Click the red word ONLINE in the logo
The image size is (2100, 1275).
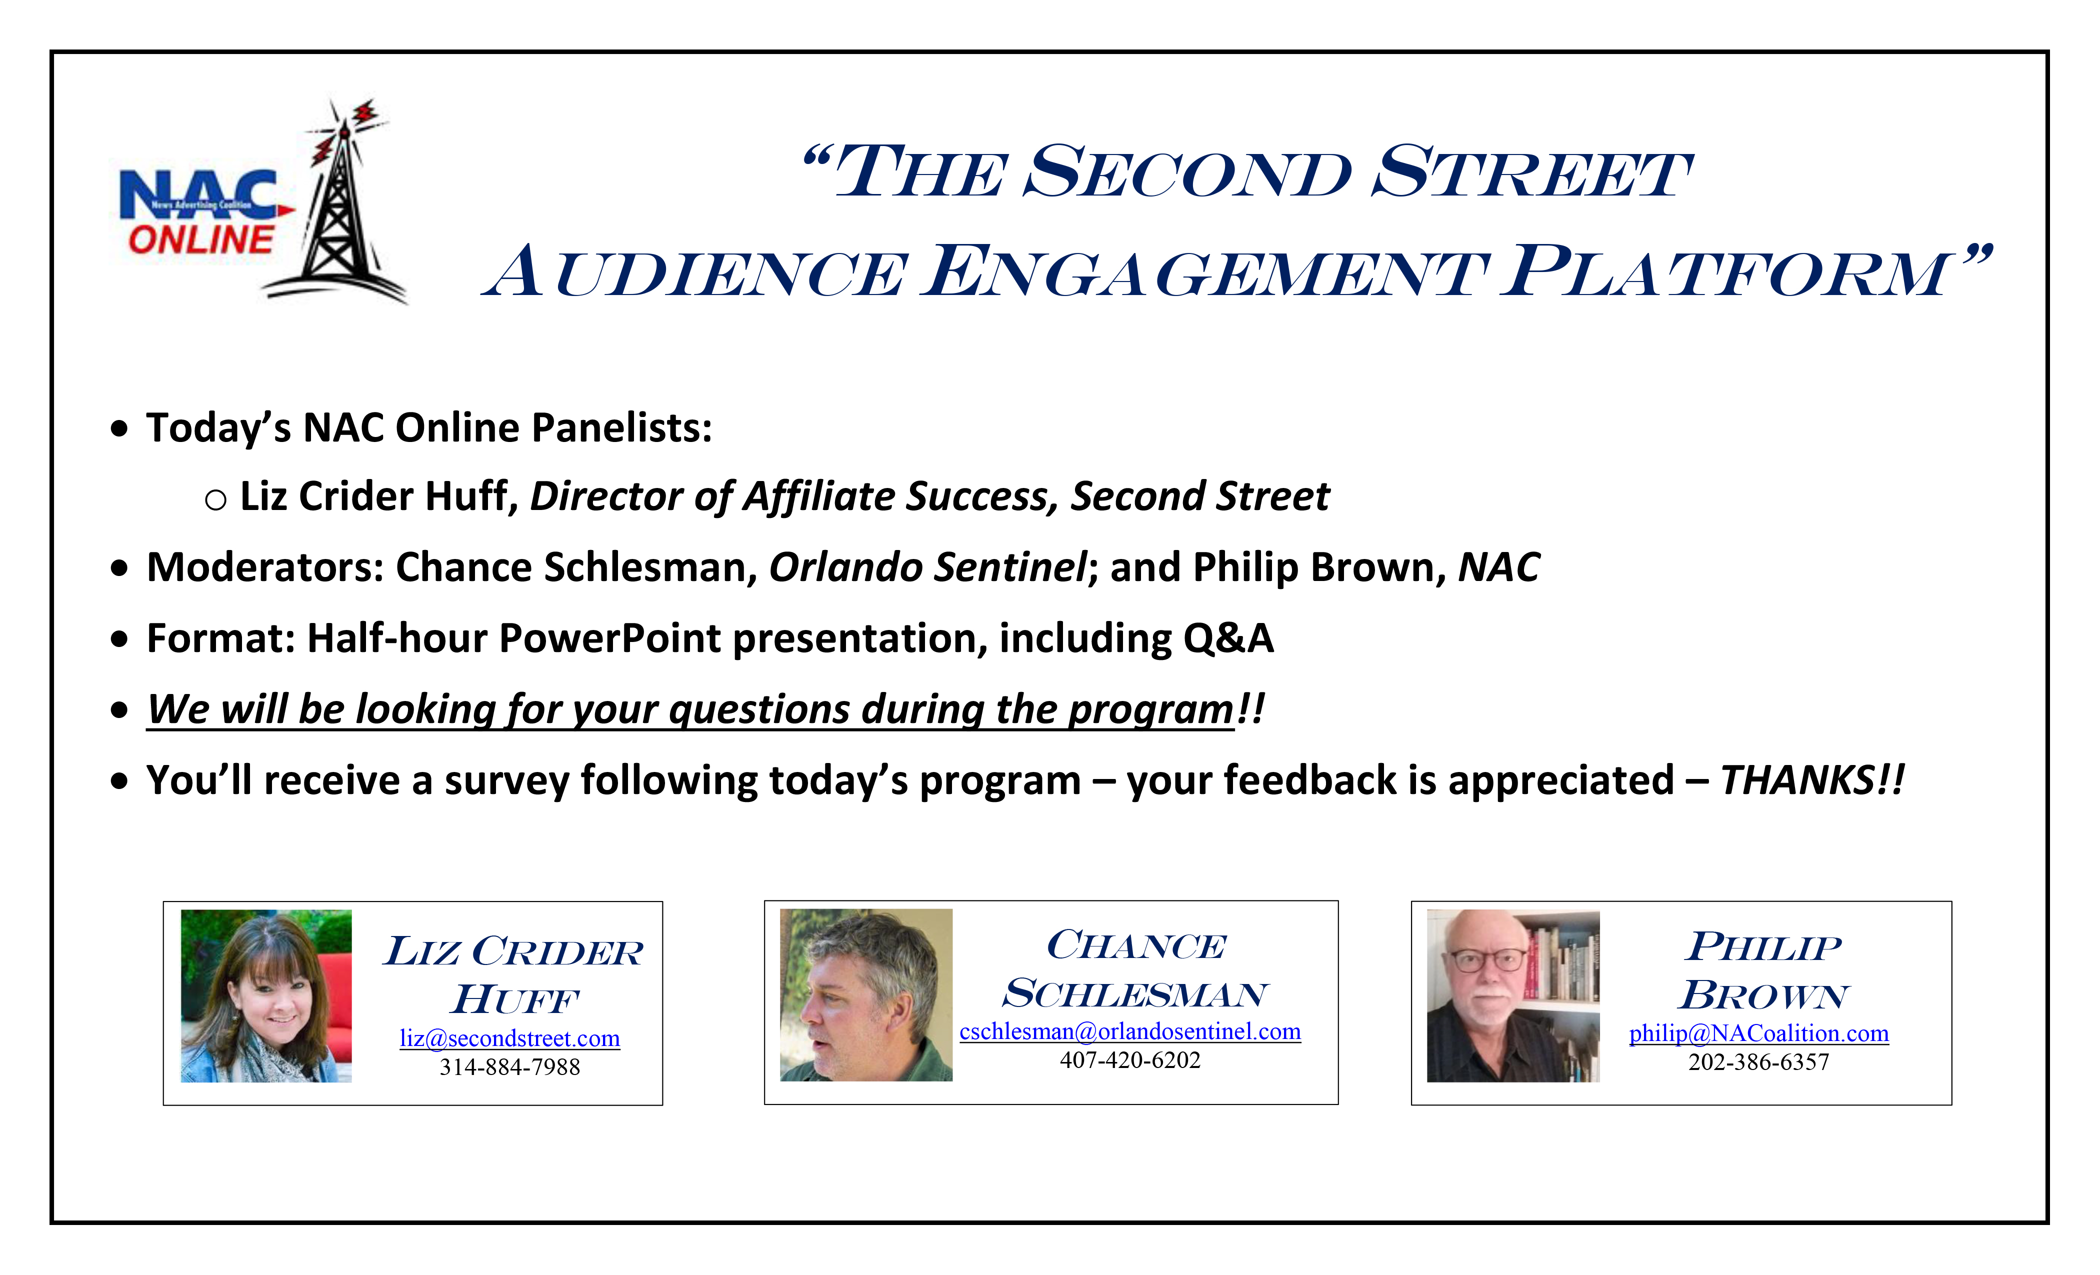tap(201, 239)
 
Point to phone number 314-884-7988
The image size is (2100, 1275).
tap(509, 1067)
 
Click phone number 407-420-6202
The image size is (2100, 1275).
tap(1130, 1060)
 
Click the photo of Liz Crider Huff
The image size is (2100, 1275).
tap(266, 996)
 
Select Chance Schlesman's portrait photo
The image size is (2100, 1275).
tap(866, 995)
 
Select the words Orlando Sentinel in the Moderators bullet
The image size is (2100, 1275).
tap(927, 567)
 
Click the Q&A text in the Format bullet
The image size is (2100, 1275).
tap(1228, 638)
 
